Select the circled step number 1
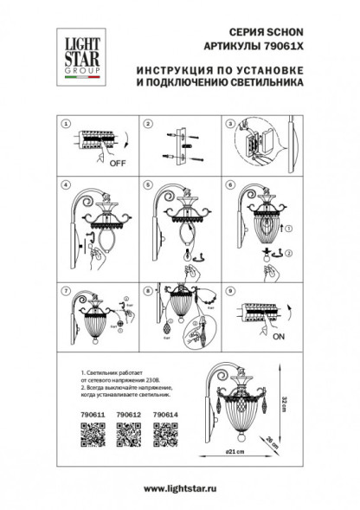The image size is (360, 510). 64,125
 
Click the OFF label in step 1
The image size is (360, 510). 115,161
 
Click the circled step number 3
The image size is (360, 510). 230,125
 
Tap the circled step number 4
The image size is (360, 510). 64,185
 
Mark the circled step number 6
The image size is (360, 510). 230,185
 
